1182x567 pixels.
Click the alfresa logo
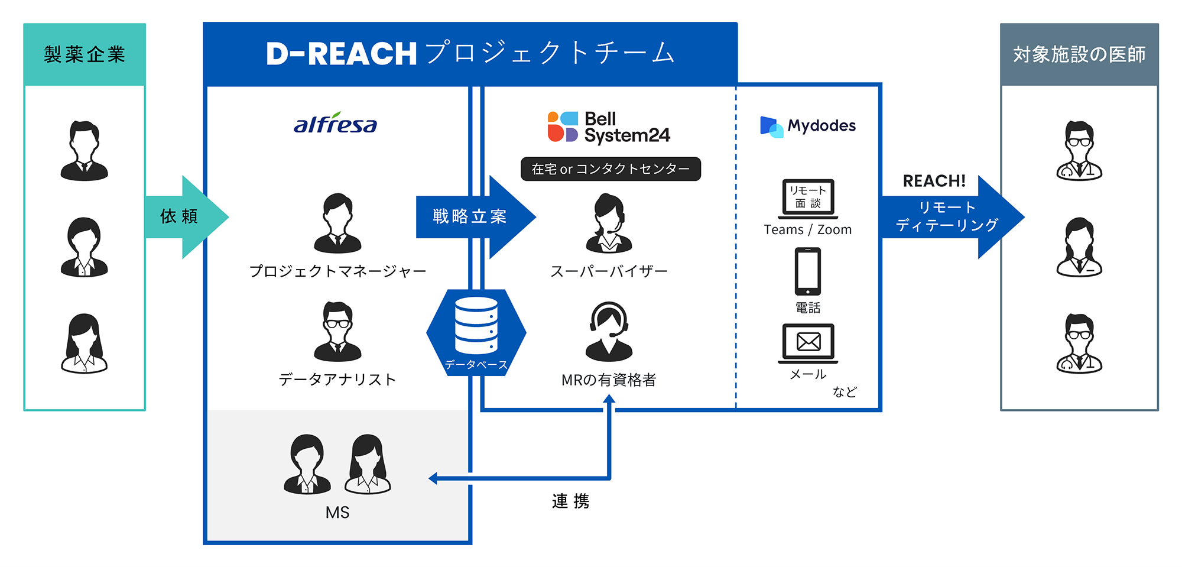pyautogui.click(x=335, y=124)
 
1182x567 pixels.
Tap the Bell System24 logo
pyautogui.click(x=609, y=127)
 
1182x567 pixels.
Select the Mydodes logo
pyautogui.click(x=807, y=126)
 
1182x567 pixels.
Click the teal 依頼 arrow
pyautogui.click(x=183, y=216)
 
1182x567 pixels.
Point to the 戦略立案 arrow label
pyautogui.click(x=470, y=216)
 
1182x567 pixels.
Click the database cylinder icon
pyautogui.click(x=476, y=326)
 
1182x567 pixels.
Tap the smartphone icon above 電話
pyautogui.click(x=807, y=271)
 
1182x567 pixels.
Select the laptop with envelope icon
pyautogui.click(x=808, y=343)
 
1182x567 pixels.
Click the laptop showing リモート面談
pyautogui.click(x=808, y=198)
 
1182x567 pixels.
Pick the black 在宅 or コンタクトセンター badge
pyautogui.click(x=611, y=169)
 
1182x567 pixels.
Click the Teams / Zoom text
pyautogui.click(x=807, y=229)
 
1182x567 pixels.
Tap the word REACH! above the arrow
pyautogui.click(x=934, y=181)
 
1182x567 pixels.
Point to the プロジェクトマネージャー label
pyautogui.click(x=337, y=271)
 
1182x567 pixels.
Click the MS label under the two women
pyautogui.click(x=337, y=512)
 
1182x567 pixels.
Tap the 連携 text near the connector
pyautogui.click(x=570, y=501)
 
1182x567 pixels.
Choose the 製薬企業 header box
pyautogui.click(x=85, y=54)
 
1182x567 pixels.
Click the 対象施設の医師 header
pyautogui.click(x=1079, y=54)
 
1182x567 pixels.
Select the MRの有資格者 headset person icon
pyautogui.click(x=609, y=332)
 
